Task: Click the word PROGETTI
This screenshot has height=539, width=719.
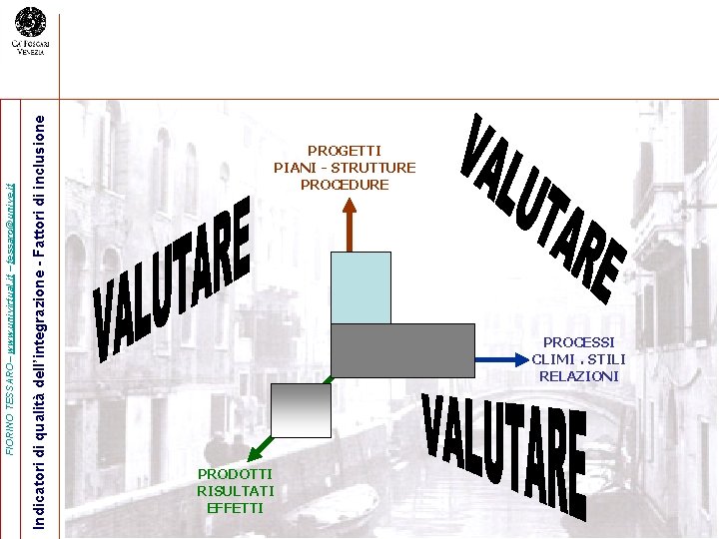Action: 345,151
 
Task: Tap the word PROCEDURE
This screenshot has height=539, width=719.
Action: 345,185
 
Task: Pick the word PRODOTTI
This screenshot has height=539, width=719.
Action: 236,473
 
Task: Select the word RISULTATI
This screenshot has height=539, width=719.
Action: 236,490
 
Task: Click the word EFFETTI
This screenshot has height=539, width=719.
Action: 236,507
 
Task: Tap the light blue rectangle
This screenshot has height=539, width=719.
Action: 360,286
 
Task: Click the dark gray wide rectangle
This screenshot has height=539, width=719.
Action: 401,350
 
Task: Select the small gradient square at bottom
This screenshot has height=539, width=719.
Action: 301,410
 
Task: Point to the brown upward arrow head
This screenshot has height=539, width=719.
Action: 349,205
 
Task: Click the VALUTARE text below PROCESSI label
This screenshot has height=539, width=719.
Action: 504,449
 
